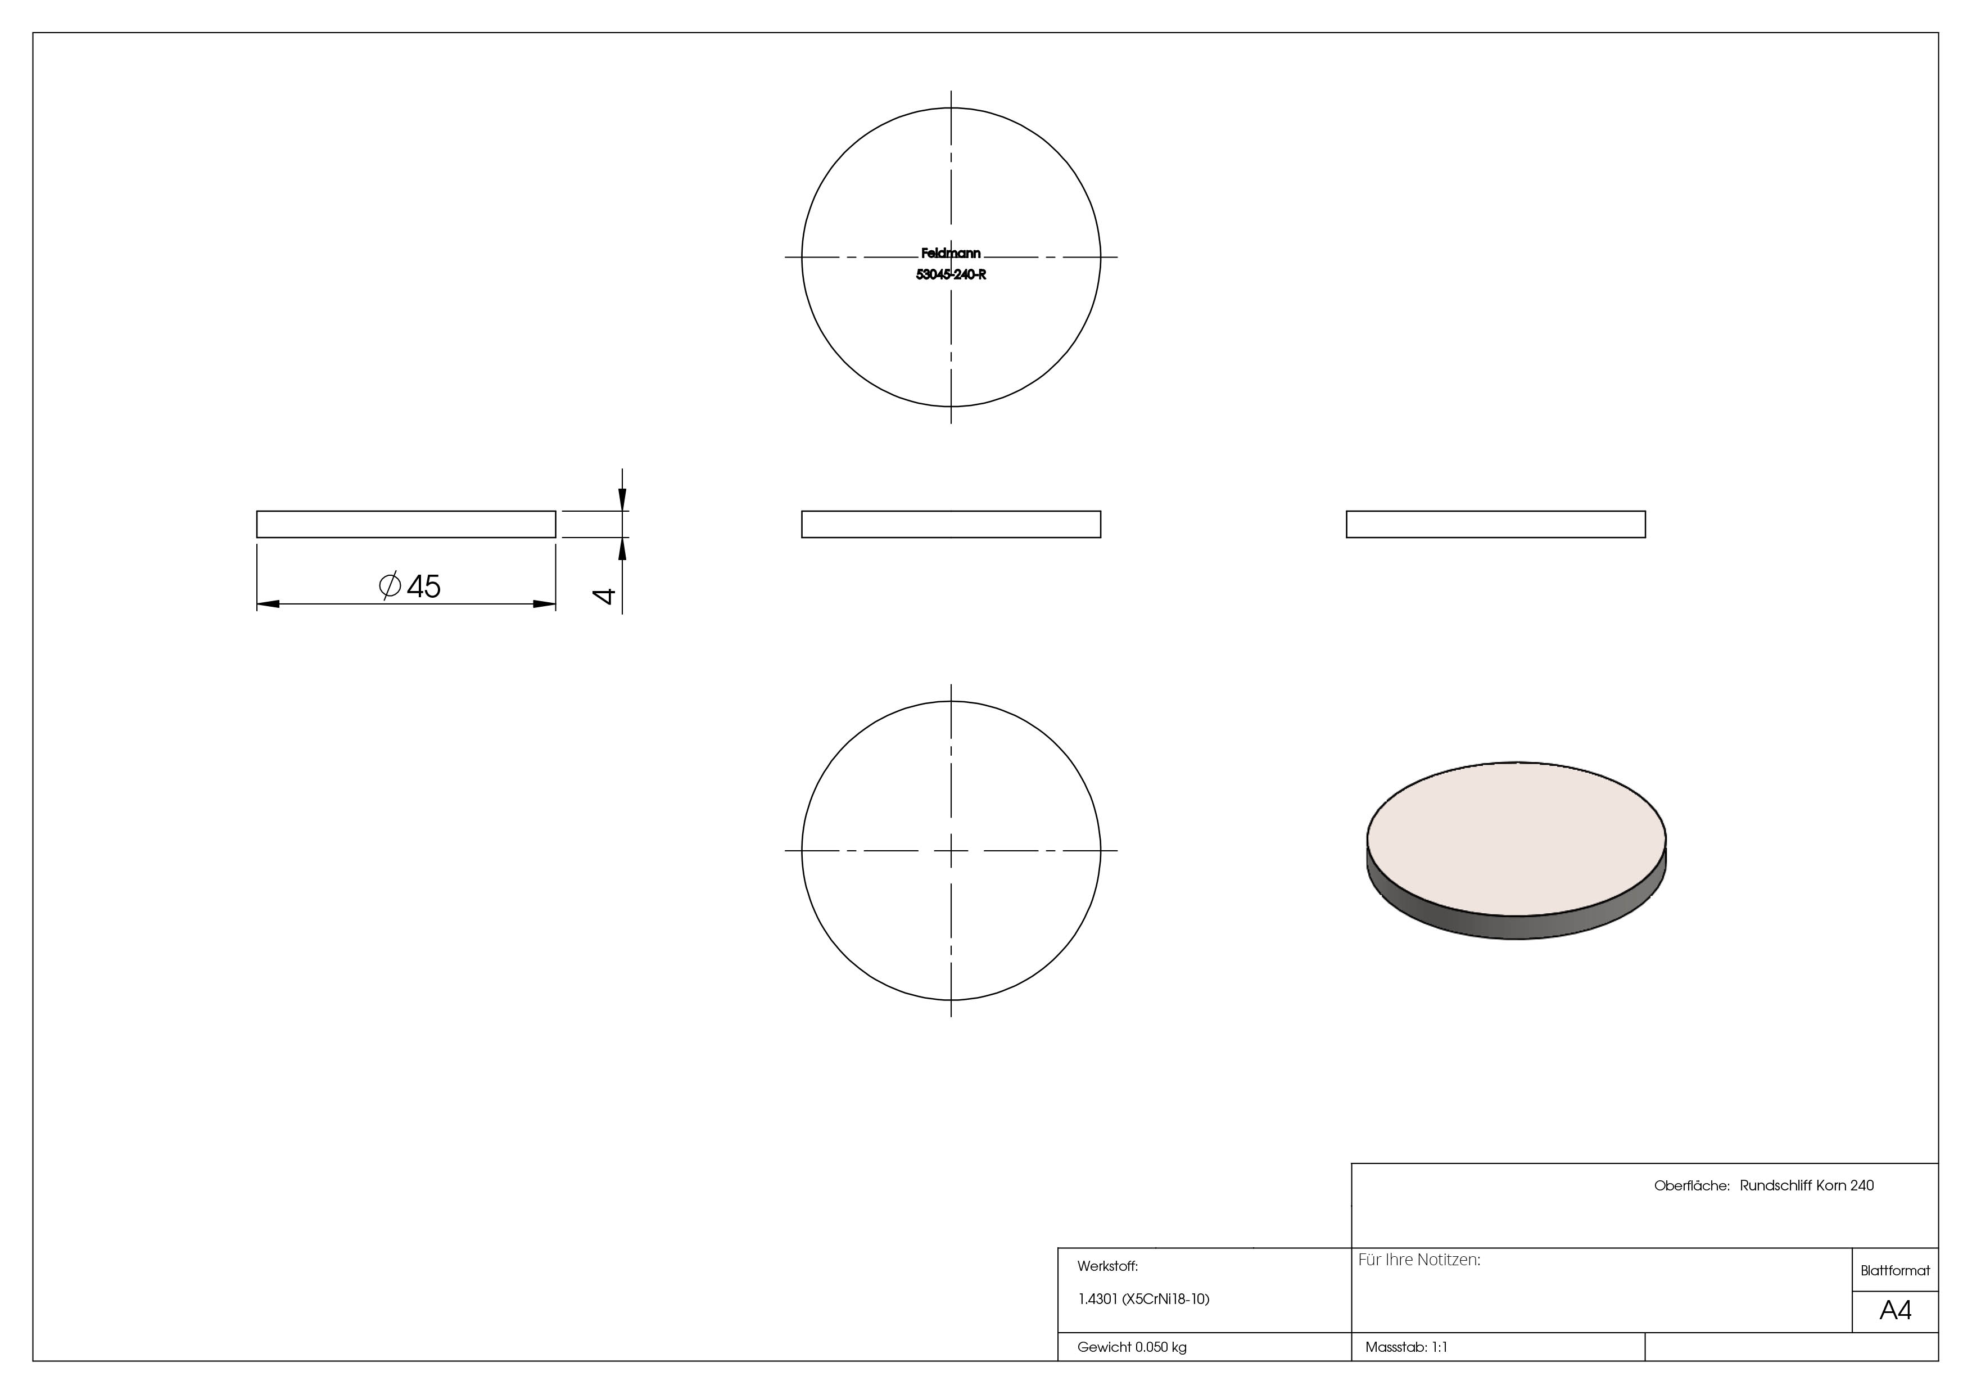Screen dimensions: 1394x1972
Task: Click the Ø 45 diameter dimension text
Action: pyautogui.click(x=410, y=587)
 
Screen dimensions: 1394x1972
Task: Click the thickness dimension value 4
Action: pyautogui.click(x=605, y=596)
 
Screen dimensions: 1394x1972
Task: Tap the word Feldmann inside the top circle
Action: pyautogui.click(x=950, y=254)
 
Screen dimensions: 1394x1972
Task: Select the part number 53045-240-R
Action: pyautogui.click(x=950, y=275)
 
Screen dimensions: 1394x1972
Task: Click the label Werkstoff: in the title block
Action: pyautogui.click(x=1107, y=1266)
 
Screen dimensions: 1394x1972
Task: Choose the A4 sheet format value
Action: pyautogui.click(x=1894, y=1311)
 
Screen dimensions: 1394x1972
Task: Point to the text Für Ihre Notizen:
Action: pyautogui.click(x=1419, y=1260)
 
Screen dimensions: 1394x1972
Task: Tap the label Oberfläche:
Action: pyautogui.click(x=1690, y=1185)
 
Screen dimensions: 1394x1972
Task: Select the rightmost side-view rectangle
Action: pyautogui.click(x=1495, y=524)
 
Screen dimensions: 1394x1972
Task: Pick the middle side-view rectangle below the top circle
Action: pyautogui.click(x=951, y=524)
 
